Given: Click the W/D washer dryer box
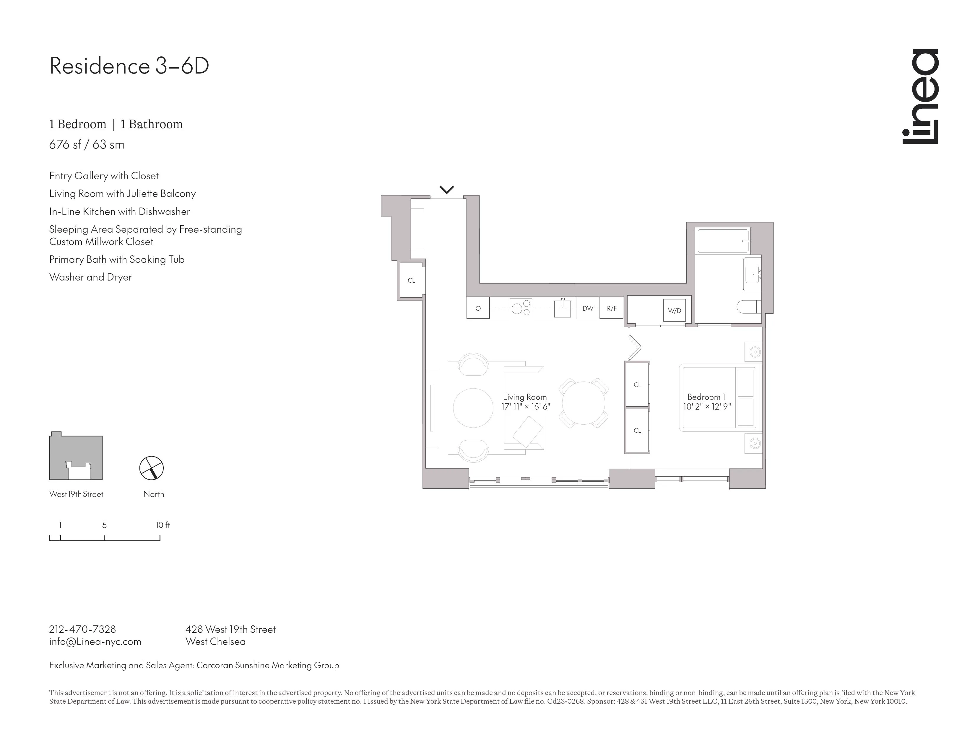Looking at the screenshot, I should [674, 310].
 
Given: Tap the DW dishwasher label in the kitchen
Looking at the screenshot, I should [587, 308].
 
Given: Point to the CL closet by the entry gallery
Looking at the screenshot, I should [411, 280].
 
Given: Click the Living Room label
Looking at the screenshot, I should [524, 397].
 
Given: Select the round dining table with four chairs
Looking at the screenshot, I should [583, 403].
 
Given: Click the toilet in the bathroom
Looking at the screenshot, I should [748, 307].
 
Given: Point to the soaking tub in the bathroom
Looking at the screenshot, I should [722, 241].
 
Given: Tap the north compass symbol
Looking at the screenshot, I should [152, 468].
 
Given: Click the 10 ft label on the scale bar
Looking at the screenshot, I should [162, 525].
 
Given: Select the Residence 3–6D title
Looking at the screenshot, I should [129, 66].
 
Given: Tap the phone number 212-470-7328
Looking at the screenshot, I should [83, 630].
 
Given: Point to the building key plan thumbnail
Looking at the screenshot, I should [76, 456].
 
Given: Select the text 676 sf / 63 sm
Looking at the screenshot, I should [87, 144].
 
